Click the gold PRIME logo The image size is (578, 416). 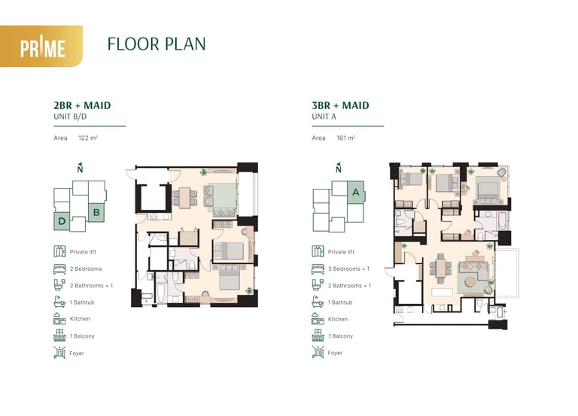point(41,46)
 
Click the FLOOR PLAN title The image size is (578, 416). point(157,44)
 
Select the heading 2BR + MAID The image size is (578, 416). point(82,105)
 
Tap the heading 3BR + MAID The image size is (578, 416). point(340,105)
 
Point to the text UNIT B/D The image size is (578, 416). point(70,117)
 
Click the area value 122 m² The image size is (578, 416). point(88,138)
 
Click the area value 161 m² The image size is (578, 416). point(345,138)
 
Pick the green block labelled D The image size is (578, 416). point(62,221)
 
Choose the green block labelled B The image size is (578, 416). point(96,212)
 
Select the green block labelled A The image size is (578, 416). point(356,192)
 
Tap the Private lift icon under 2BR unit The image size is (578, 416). point(59,251)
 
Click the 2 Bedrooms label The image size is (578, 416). point(86,269)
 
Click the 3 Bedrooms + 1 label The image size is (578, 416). point(348,269)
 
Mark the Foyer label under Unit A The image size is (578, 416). point(335,353)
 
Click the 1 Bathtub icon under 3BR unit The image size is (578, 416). point(318,302)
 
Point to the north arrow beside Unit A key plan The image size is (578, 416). point(339,168)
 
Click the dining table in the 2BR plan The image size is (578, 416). point(185,198)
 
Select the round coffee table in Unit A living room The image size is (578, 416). point(470,282)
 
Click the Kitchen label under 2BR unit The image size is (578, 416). point(80,319)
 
